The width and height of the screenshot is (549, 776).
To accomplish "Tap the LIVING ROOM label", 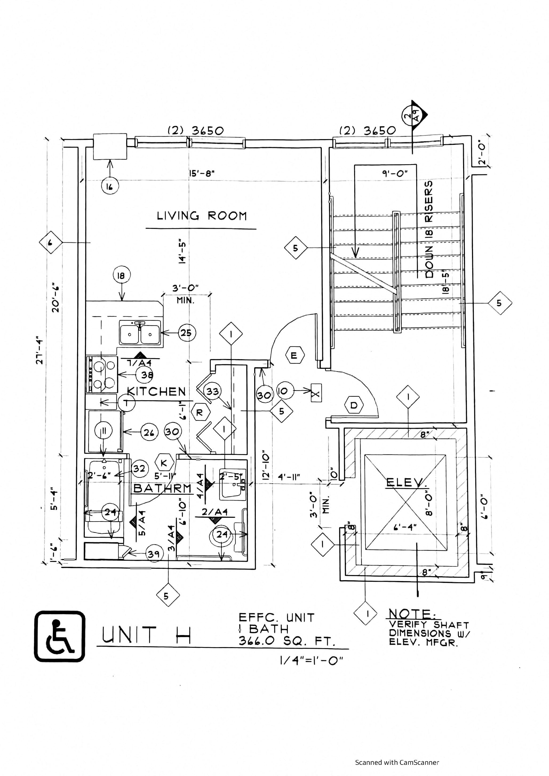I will click(202, 216).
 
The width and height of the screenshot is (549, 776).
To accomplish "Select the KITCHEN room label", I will click(156, 391).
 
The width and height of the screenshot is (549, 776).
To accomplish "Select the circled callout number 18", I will click(121, 276).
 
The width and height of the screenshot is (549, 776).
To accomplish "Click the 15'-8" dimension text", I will click(202, 173).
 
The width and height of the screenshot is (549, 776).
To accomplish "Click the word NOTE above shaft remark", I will click(412, 613).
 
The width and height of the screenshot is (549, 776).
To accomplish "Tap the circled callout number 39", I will click(154, 553).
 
